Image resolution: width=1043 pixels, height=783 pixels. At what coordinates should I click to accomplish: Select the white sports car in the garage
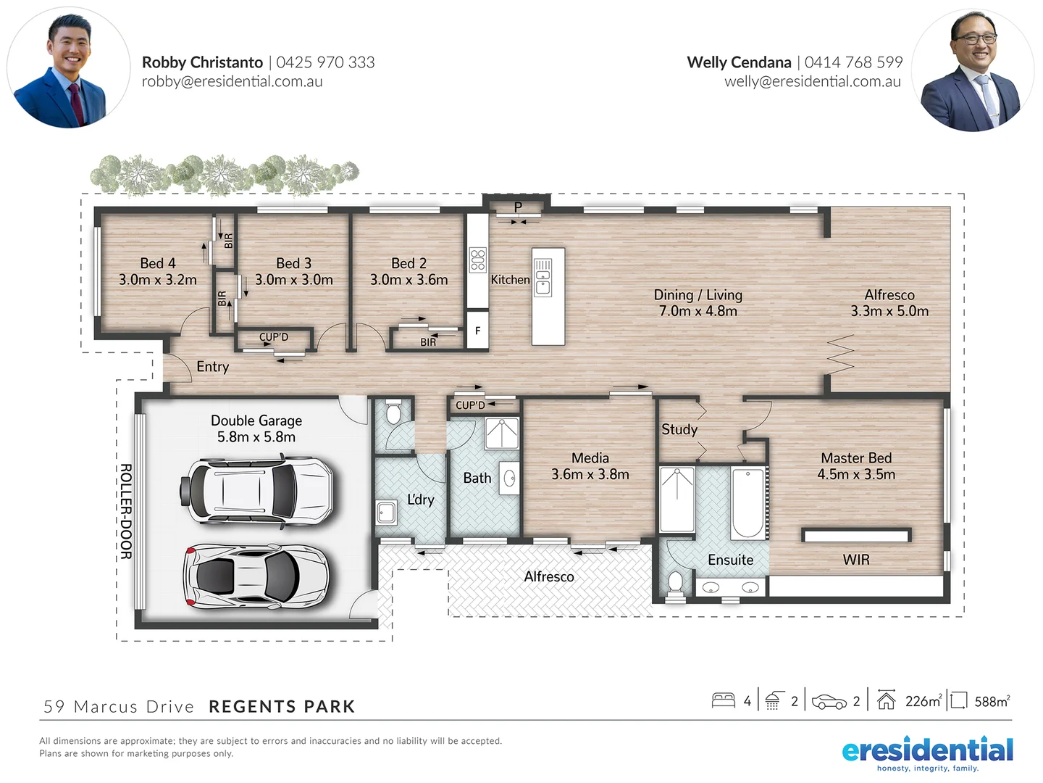click(x=255, y=574)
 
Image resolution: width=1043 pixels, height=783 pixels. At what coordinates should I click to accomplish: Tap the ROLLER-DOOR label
click(x=126, y=512)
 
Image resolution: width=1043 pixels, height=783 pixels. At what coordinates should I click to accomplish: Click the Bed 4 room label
click(x=158, y=263)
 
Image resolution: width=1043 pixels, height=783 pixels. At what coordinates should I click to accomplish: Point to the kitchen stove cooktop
click(x=477, y=260)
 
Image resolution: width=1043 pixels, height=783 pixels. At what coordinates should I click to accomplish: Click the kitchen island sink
click(x=543, y=277)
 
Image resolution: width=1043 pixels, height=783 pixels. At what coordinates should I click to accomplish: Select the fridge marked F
click(x=477, y=331)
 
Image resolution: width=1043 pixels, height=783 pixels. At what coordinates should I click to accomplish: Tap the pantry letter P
click(x=518, y=207)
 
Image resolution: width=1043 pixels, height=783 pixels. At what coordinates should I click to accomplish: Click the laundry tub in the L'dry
click(x=386, y=513)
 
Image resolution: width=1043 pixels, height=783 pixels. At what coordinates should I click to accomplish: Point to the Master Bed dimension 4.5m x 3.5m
click(x=856, y=475)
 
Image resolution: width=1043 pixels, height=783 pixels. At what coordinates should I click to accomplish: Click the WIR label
click(x=856, y=560)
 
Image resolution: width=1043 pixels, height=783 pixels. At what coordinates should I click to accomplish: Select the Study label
click(x=679, y=429)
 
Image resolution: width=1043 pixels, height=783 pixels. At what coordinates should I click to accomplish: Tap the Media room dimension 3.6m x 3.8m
click(x=590, y=475)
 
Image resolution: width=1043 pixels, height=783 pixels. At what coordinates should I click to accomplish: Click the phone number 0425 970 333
click(x=325, y=62)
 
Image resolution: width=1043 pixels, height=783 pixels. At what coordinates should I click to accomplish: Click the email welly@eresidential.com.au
click(x=813, y=81)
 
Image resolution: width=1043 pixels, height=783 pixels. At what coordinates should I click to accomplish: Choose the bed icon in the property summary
click(x=724, y=700)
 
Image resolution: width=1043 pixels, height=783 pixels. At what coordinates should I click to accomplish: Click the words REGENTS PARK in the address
click(x=282, y=707)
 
